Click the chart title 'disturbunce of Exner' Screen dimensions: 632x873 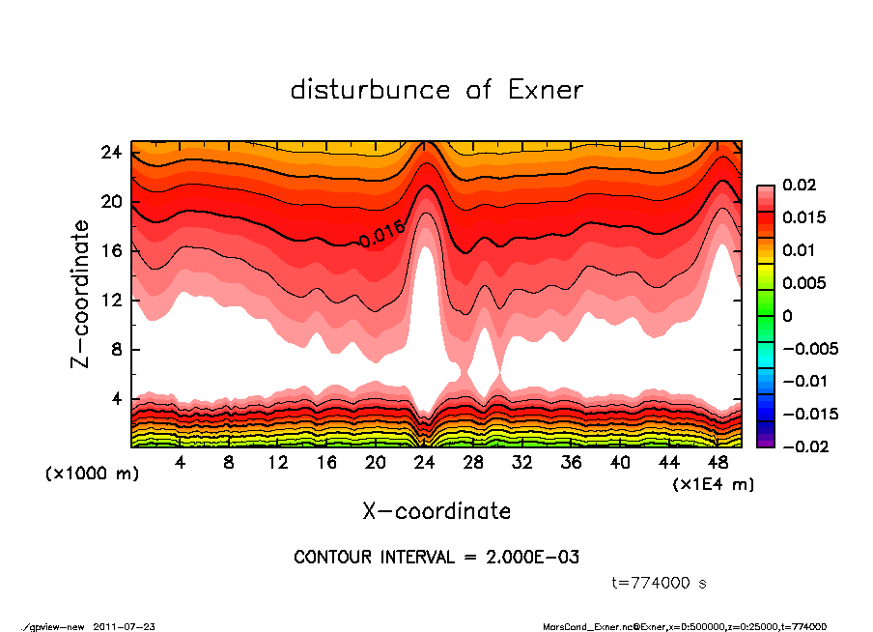[436, 90]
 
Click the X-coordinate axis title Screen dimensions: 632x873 [436, 510]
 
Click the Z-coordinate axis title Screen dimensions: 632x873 [81, 294]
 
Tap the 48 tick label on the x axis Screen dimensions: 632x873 [718, 462]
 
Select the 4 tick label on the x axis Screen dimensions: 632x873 [181, 462]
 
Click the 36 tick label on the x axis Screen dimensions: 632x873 [572, 462]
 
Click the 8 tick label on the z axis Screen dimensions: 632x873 [115, 349]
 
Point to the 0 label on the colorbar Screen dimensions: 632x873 [787, 316]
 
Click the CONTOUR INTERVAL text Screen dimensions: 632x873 [436, 558]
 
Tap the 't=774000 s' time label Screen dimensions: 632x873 [660, 583]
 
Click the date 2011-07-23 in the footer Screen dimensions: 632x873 [125, 626]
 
